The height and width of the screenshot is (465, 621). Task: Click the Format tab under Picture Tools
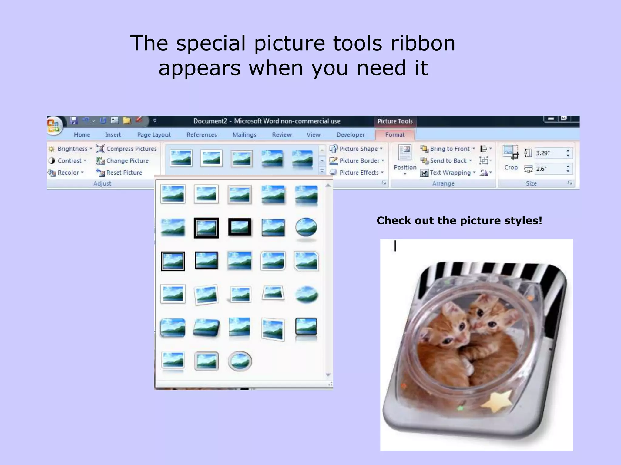coord(394,135)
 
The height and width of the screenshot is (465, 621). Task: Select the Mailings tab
coord(244,135)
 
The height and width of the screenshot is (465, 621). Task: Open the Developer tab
coord(350,135)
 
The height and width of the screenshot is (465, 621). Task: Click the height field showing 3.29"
coord(549,153)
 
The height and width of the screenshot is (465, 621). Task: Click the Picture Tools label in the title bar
coord(395,121)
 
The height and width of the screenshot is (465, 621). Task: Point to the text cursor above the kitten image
coord(395,246)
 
